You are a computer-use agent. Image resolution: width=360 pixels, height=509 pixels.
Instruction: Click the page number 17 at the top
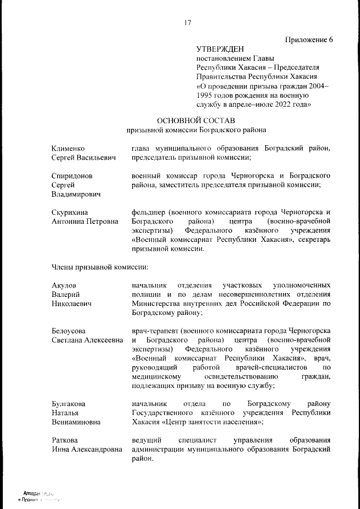coord(188,23)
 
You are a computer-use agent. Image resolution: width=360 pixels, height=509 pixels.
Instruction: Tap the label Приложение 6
coord(309,39)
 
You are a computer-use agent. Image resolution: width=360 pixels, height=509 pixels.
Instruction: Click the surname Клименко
coord(68,148)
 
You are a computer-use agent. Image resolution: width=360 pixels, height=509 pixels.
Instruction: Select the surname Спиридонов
coord(72,175)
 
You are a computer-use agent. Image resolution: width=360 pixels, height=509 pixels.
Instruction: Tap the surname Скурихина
coord(70,212)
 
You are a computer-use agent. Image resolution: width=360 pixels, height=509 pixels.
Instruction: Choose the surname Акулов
coord(64,286)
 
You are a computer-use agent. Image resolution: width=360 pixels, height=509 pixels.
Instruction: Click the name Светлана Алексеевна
coord(87,340)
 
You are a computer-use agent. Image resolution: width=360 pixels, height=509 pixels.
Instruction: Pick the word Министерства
coord(158,304)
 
